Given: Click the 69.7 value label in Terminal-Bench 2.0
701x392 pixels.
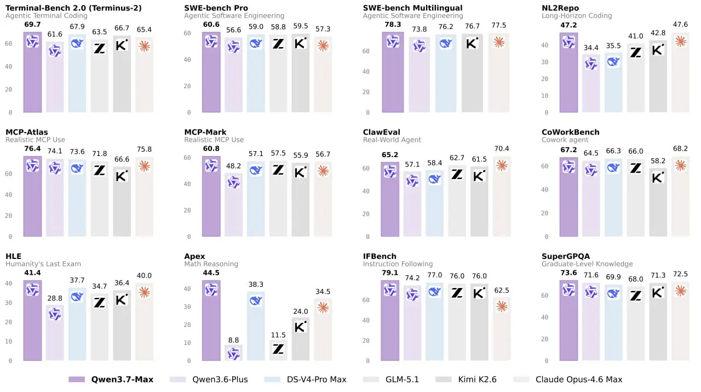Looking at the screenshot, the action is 32,25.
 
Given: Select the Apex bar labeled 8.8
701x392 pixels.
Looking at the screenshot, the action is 233,353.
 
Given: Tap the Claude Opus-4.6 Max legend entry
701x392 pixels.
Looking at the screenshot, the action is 568,379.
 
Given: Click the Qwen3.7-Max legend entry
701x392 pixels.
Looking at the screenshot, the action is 111,379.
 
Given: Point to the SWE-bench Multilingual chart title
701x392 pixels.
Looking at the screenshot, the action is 412,8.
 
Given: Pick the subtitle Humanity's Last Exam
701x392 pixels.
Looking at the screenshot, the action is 43,264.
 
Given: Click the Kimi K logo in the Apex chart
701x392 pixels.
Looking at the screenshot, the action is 301,327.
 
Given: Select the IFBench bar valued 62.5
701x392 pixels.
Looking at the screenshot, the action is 502,329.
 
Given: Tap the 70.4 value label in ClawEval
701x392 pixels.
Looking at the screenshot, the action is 502,148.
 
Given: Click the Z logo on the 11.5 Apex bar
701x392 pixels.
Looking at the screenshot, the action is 278,349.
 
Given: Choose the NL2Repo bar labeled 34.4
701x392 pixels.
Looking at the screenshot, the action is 591,83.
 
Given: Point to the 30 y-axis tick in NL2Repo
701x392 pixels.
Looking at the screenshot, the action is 544,62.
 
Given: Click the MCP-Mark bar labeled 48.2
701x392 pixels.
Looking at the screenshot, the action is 233,205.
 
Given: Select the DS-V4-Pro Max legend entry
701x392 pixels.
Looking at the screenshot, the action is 305,379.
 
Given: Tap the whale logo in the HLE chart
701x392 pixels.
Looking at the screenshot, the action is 77,296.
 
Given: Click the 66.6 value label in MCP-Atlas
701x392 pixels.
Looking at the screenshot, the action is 122,159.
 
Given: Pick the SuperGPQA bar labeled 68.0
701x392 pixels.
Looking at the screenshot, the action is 636,324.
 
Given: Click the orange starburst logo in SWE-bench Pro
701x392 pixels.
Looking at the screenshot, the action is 323,45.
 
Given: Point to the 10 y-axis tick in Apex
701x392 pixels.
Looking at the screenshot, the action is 187,343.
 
